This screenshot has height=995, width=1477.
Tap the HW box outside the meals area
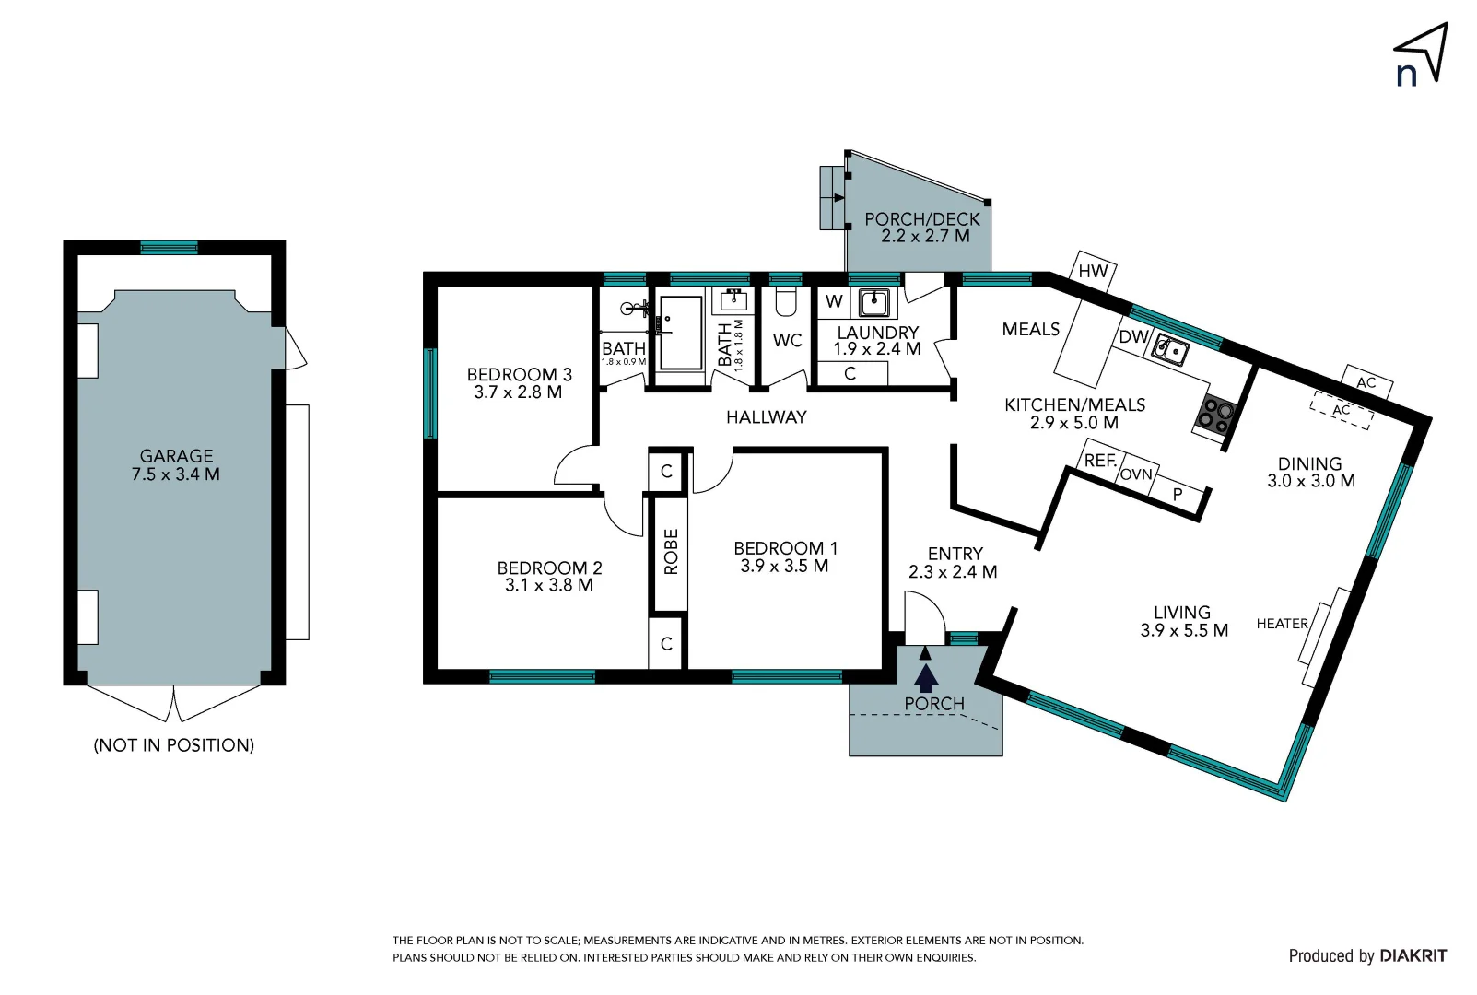[x=1093, y=271]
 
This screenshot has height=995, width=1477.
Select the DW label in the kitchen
[x=1132, y=337]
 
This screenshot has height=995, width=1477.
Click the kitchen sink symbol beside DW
[x=1171, y=351]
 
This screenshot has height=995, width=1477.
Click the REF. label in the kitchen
[x=1100, y=461]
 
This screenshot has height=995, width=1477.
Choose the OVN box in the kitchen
[x=1137, y=474]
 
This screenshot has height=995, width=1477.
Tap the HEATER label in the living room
[x=1282, y=624]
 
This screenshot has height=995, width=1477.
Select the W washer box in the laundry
[x=834, y=301]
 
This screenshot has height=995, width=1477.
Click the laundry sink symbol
[x=873, y=301]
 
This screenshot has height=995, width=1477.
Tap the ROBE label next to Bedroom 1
[x=671, y=551]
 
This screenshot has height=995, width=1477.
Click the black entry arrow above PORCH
[x=926, y=676]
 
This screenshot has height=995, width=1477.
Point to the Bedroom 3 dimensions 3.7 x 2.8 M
[x=518, y=392]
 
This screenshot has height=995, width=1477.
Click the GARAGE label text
[x=176, y=456]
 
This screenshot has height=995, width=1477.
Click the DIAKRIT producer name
[x=1413, y=956]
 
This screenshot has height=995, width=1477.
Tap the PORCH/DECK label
[x=922, y=219]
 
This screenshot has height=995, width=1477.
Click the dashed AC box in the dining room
[x=1342, y=410]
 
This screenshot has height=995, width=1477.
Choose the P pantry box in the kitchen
[x=1177, y=495]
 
